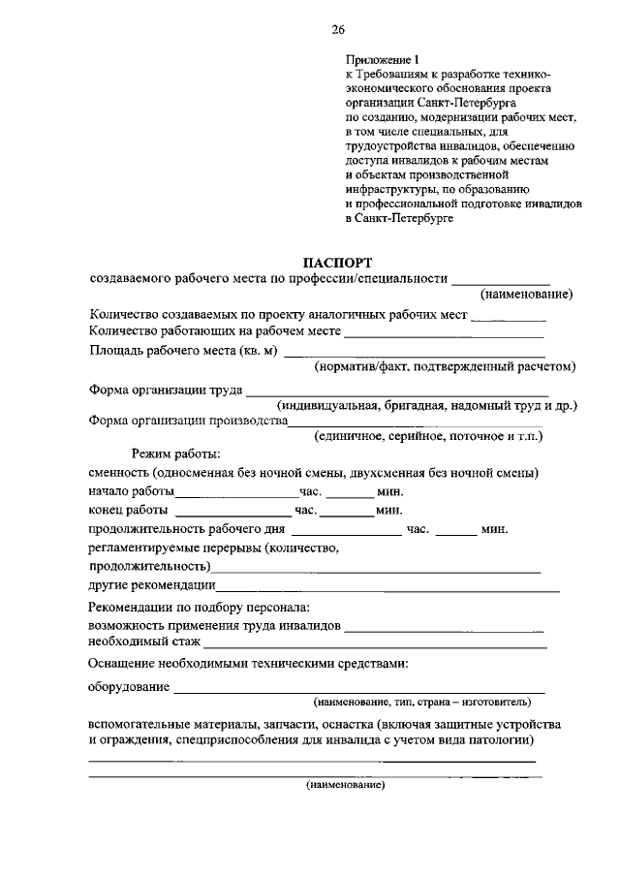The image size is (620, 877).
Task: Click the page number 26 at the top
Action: click(337, 30)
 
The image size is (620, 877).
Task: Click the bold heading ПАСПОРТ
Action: click(337, 263)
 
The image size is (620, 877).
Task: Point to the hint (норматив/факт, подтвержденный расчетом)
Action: click(445, 366)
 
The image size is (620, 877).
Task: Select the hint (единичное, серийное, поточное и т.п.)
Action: click(427, 437)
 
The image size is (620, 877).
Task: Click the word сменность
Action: click(118, 472)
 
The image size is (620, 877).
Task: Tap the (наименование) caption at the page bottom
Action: click(346, 785)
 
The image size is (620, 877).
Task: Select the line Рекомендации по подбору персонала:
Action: click(199, 607)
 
